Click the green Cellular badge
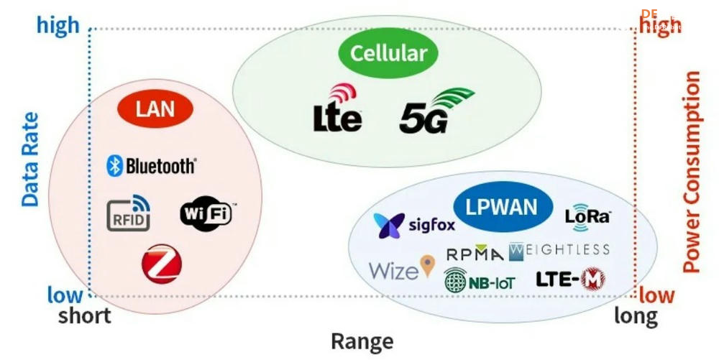coord(388,53)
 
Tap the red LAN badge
coord(155,110)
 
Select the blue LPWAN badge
coord(501,208)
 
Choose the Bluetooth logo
coord(151,166)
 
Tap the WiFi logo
coord(206,213)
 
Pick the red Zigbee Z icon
coord(161,264)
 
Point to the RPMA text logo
coord(475,254)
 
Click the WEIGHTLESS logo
coord(559,251)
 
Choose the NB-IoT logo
coord(480,280)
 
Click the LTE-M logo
coord(570,280)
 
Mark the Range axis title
coord(362,341)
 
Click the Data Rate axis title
coord(29,160)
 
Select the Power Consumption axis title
coord(691,172)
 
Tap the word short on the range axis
coord(85,315)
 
